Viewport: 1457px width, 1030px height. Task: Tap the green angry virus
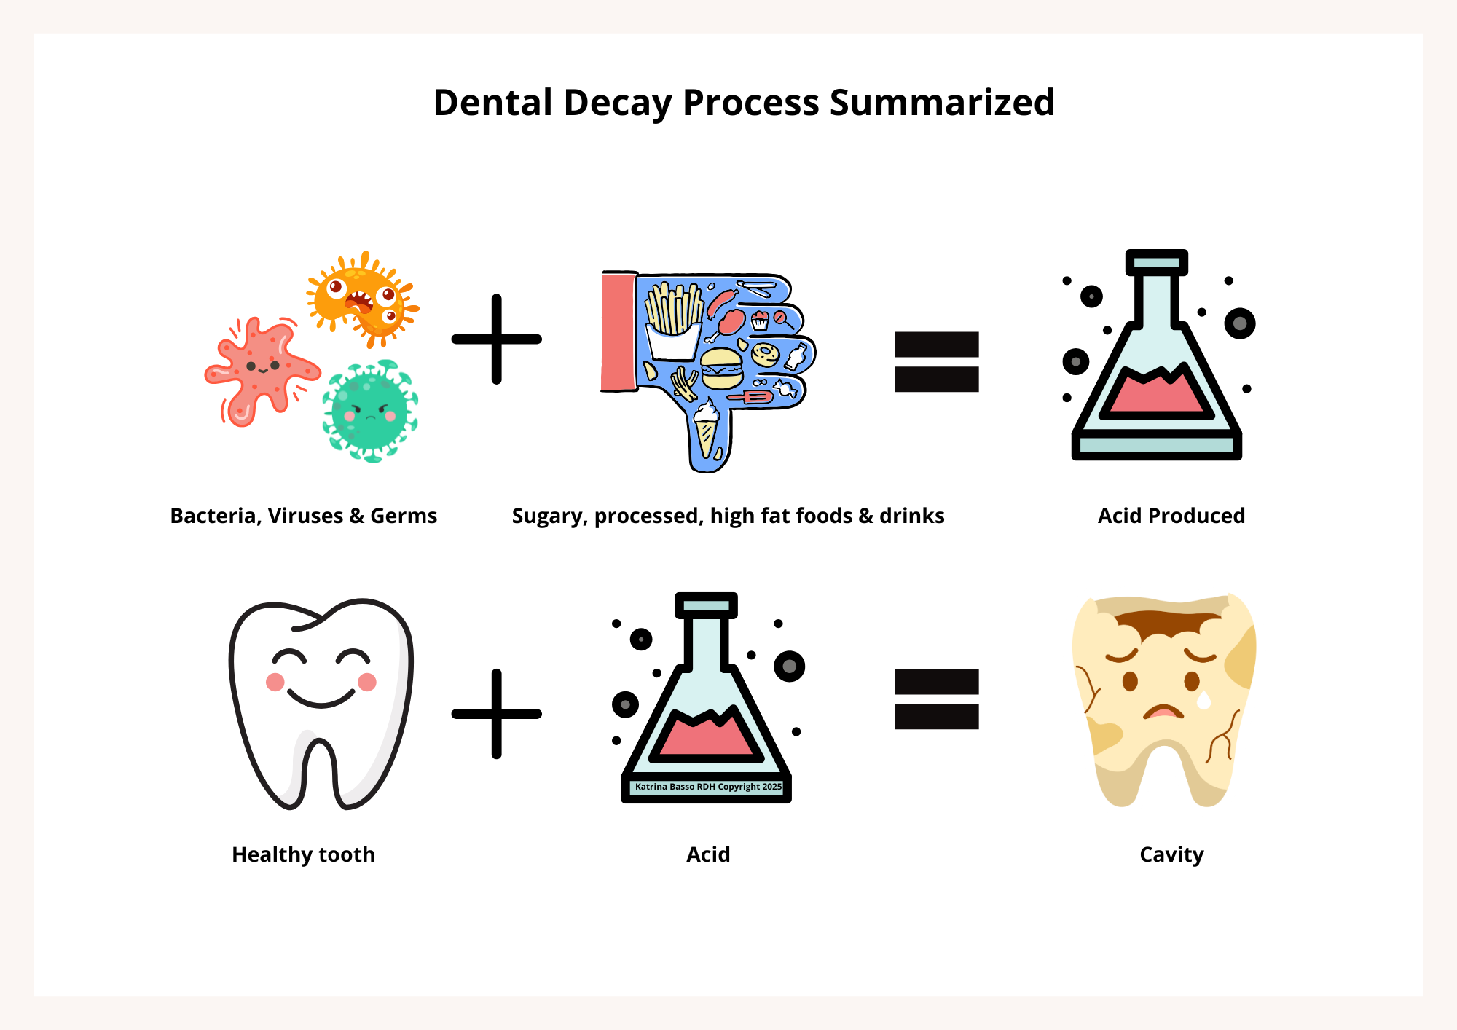(370, 412)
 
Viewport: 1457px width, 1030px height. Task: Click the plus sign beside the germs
(497, 339)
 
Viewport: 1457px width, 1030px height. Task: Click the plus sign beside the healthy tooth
(497, 714)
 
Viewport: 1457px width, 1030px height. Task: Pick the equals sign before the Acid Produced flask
(936, 362)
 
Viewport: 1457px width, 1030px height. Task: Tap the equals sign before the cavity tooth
(936, 699)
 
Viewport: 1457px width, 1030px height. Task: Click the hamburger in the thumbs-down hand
(721, 369)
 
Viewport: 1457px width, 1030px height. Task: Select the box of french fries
(674, 321)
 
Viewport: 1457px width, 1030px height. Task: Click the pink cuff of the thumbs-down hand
(618, 332)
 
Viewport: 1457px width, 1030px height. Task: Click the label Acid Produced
(1171, 516)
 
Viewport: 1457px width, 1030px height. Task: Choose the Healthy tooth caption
(303, 854)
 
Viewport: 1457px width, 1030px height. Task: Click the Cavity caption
(1171, 854)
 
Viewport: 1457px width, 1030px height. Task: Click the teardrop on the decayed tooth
(1203, 700)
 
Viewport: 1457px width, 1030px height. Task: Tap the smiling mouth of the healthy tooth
(321, 699)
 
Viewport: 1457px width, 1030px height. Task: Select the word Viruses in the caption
(305, 516)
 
